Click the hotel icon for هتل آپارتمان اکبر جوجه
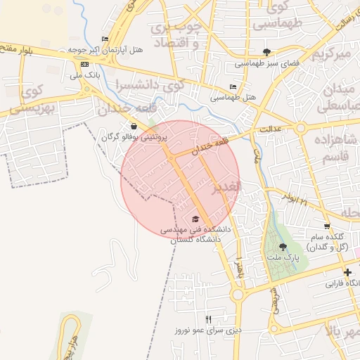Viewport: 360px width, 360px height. point(105,39)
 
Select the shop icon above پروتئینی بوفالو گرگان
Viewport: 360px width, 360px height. point(134,127)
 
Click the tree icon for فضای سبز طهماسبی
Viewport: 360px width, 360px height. point(266,52)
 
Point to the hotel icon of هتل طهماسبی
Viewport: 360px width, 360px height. point(233,86)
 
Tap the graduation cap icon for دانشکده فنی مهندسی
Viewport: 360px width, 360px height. point(195,219)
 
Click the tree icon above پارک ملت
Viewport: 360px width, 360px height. point(283,247)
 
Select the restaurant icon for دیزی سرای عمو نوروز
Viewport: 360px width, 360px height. point(208,319)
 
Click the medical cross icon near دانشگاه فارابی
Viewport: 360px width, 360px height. point(347,272)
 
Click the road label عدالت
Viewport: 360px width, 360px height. point(269,130)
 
